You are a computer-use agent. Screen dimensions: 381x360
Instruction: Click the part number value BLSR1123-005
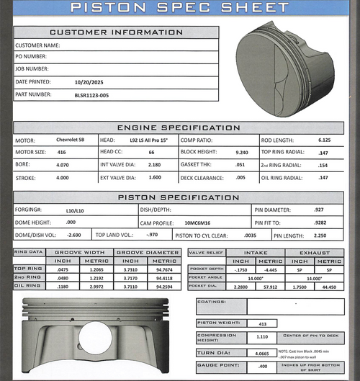92,94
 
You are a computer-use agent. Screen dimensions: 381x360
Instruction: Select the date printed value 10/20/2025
89,81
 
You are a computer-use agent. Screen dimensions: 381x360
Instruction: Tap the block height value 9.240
241,152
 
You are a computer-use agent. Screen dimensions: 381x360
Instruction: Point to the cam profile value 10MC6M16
188,223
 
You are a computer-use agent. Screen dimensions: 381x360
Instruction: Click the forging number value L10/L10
75,210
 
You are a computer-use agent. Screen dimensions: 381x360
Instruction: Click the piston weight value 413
263,323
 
